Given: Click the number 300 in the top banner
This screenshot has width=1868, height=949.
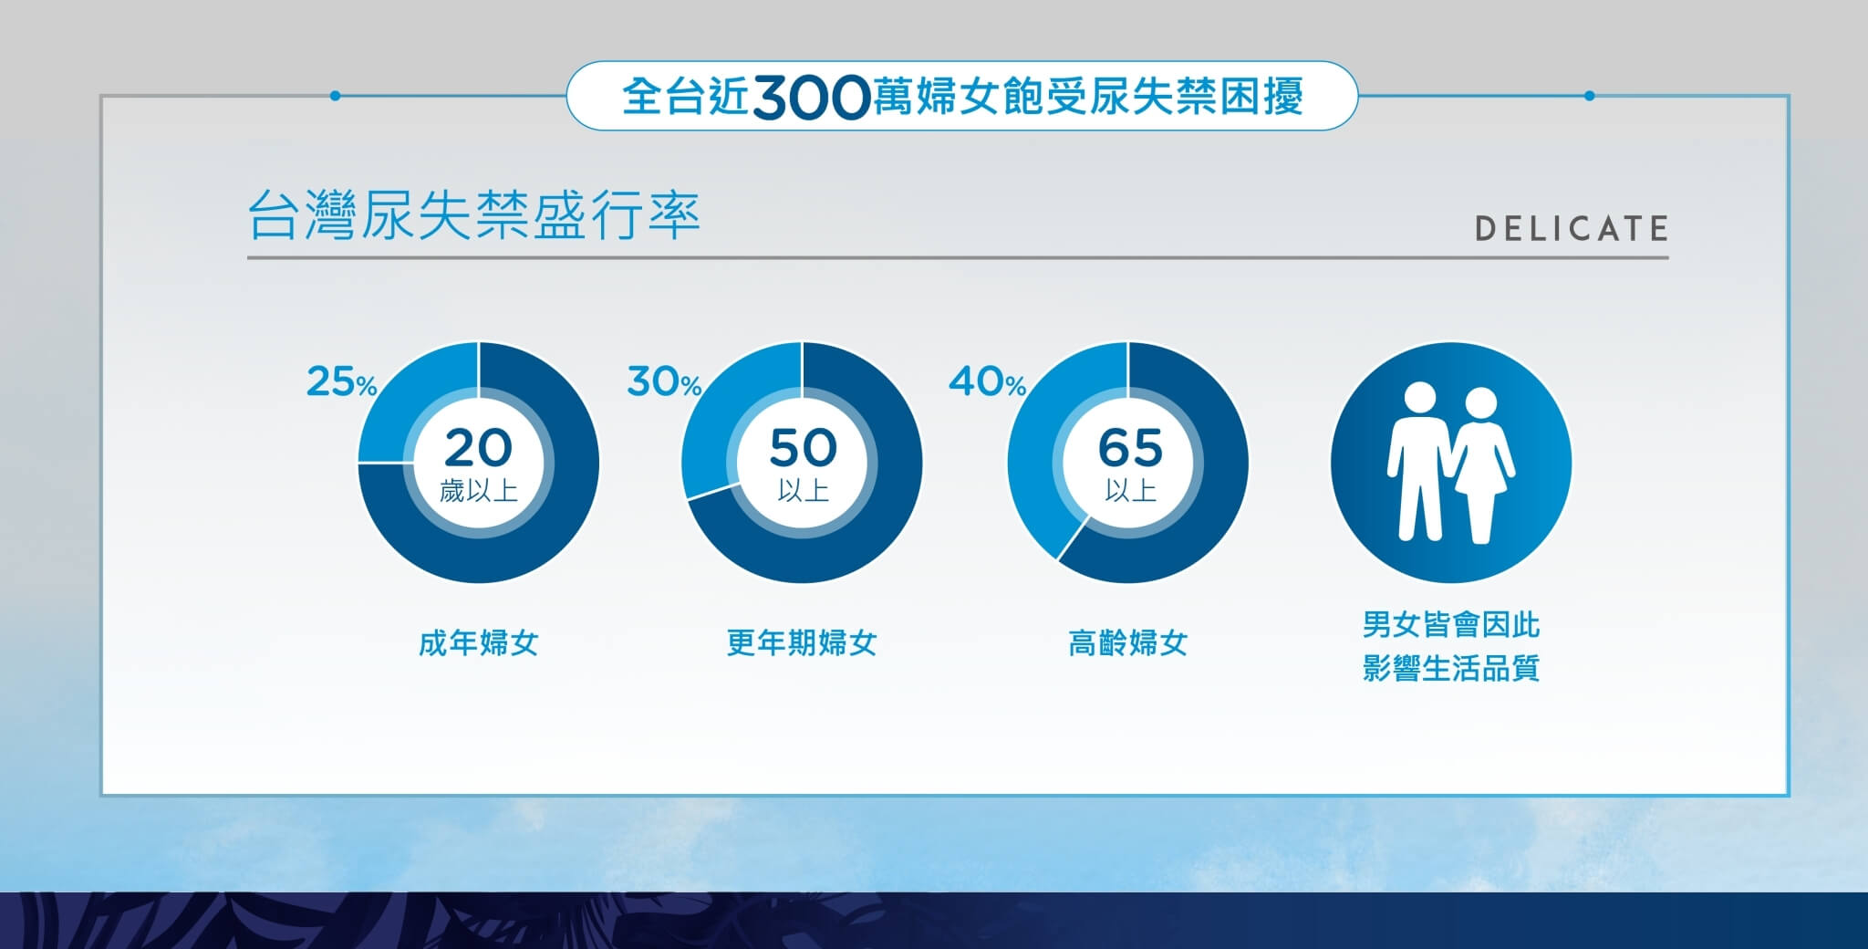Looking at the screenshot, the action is pyautogui.click(x=811, y=97).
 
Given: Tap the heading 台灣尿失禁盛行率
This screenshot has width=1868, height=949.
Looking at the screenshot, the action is pyautogui.click(x=473, y=216).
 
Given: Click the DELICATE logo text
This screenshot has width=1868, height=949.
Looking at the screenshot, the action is pyautogui.click(x=1572, y=228).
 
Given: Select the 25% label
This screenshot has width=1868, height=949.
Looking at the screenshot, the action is pyautogui.click(x=341, y=381).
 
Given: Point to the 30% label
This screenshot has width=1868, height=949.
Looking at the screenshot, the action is pyautogui.click(x=664, y=381).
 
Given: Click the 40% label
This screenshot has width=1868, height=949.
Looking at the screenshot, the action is pyautogui.click(x=987, y=381).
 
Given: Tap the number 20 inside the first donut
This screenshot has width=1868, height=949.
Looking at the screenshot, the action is pyautogui.click(x=478, y=448).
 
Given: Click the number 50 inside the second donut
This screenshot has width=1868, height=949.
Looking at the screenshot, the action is pyautogui.click(x=803, y=448).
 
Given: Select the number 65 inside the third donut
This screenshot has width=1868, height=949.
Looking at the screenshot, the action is pyautogui.click(x=1129, y=448).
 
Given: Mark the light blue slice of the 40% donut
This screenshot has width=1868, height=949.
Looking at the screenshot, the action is pyautogui.click(x=1049, y=438).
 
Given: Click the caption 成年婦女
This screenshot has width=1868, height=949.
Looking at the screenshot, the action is pyautogui.click(x=478, y=643).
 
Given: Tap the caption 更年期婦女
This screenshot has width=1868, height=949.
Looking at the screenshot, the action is pyautogui.click(x=802, y=643).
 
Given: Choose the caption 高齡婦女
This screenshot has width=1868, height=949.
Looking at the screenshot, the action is pyautogui.click(x=1127, y=643).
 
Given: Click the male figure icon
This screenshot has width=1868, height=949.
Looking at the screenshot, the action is pyautogui.click(x=1419, y=462).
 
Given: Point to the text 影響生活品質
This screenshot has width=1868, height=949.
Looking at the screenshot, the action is pyautogui.click(x=1451, y=668).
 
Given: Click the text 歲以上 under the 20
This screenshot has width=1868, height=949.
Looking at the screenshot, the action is pyautogui.click(x=478, y=492).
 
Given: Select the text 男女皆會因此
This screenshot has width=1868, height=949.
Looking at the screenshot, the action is pyautogui.click(x=1451, y=625).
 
